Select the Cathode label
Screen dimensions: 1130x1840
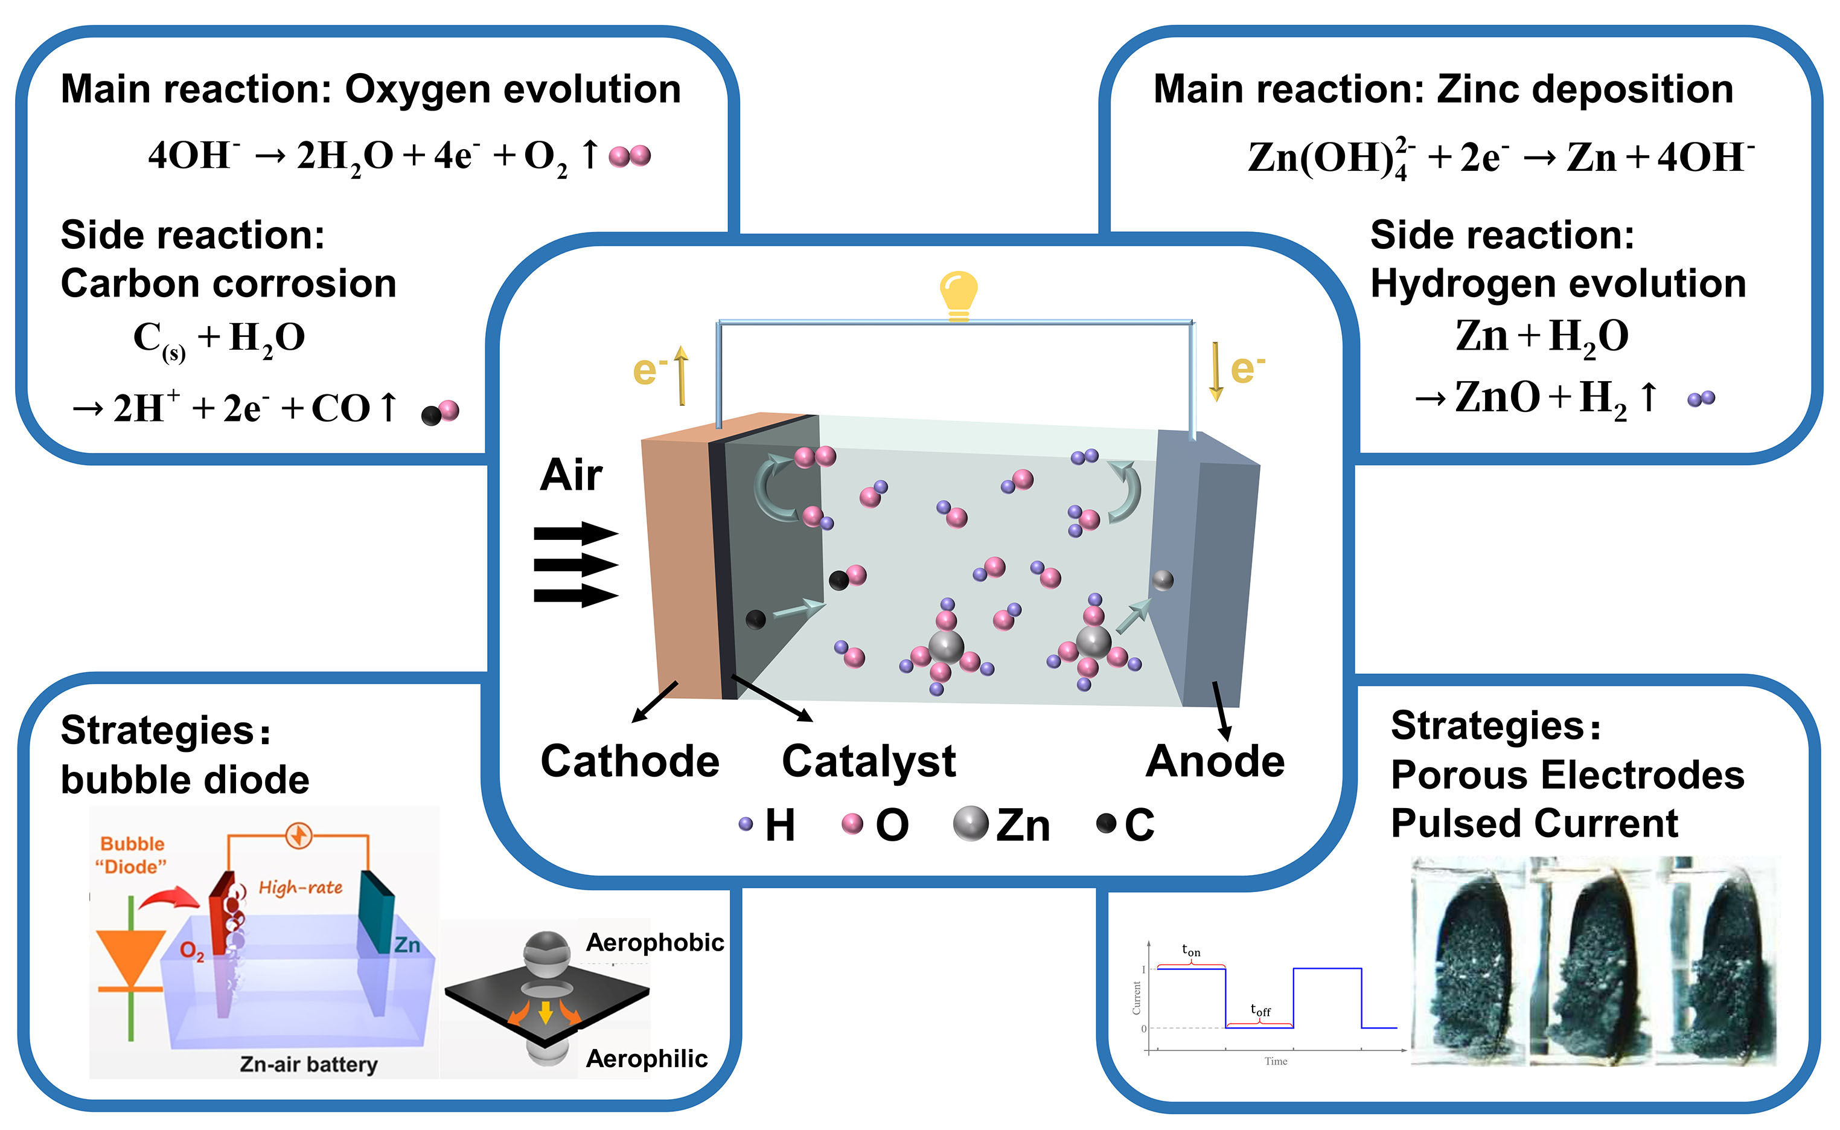(x=630, y=762)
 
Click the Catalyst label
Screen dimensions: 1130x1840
(x=868, y=762)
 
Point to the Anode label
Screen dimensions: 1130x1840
(x=1215, y=762)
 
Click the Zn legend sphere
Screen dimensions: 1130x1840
(x=971, y=824)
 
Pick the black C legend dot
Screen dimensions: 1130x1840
(x=1106, y=824)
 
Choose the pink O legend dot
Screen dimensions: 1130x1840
(x=852, y=824)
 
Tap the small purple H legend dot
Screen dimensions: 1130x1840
(x=746, y=824)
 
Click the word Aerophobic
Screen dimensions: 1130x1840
(x=654, y=942)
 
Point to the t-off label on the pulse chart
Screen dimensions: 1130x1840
(x=1260, y=1010)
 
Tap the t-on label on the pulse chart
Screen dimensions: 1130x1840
(x=1191, y=951)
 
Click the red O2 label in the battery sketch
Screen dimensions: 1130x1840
(x=192, y=951)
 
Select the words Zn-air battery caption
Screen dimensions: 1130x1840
(x=308, y=1064)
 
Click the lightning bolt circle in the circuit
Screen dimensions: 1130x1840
(x=299, y=835)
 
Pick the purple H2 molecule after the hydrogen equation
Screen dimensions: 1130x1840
(x=1701, y=399)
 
